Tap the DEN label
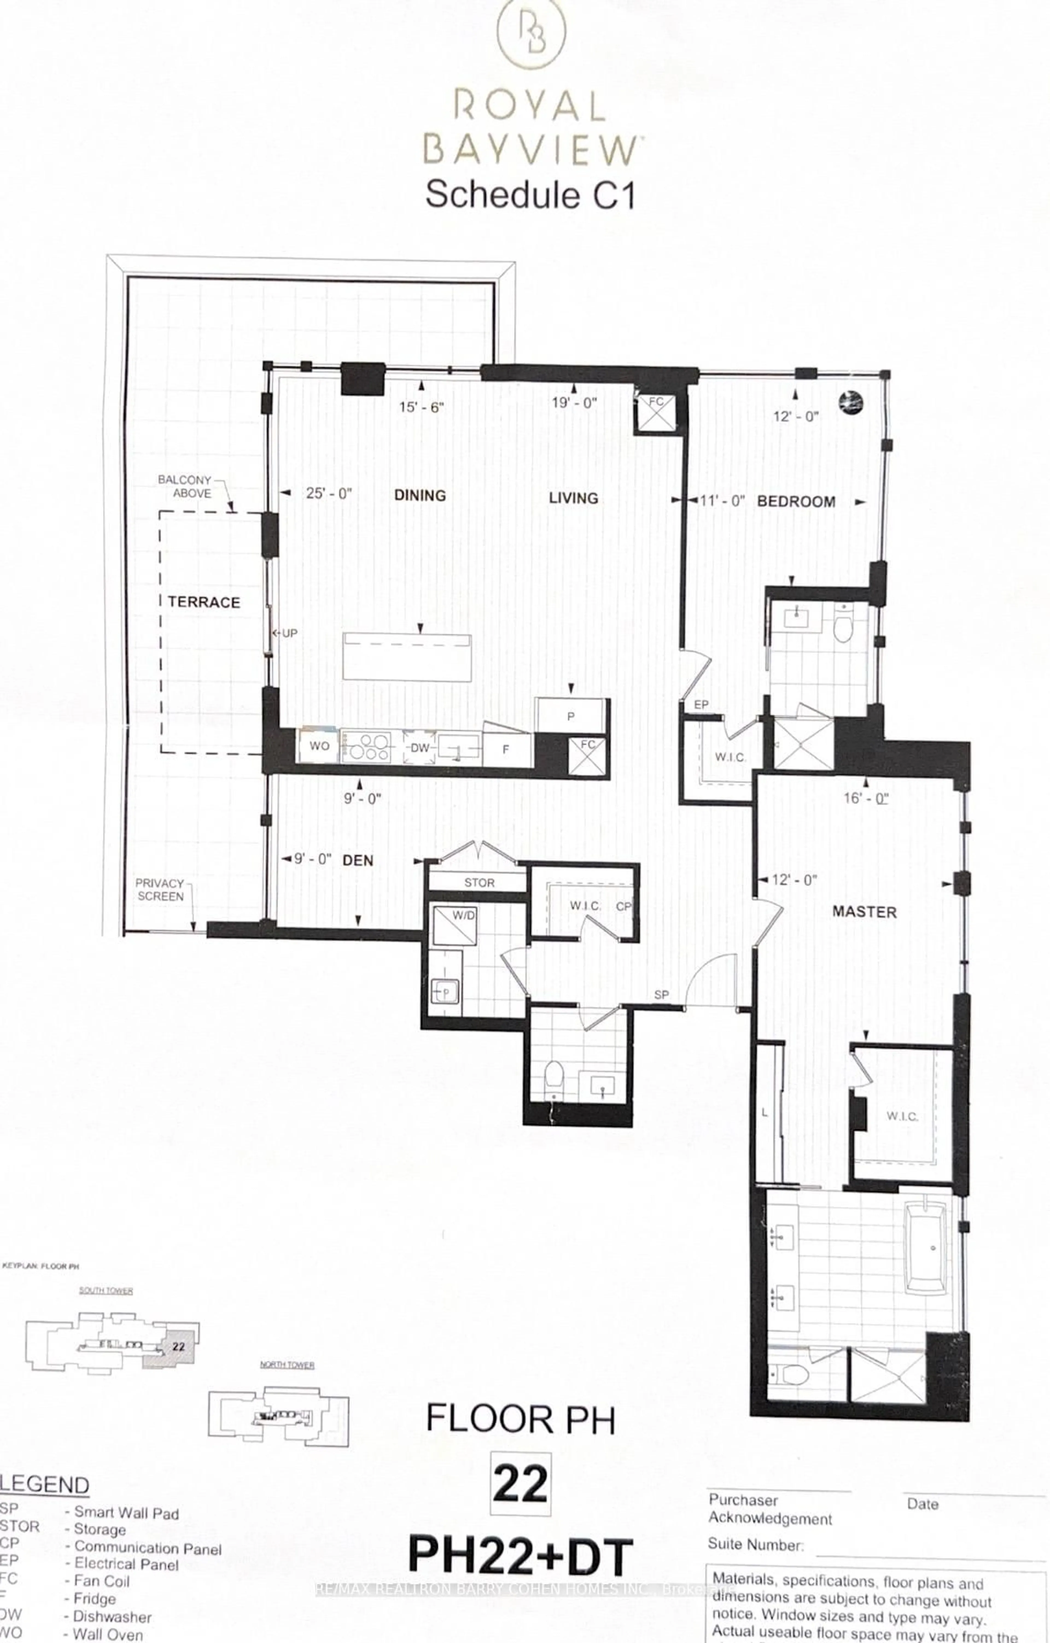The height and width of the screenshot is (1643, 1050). (x=358, y=860)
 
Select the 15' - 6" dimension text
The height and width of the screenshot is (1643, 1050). (x=421, y=407)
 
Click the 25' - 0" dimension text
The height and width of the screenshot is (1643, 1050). (x=328, y=493)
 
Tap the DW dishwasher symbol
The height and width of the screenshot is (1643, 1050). (x=419, y=748)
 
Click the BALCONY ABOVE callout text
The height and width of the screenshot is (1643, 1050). (x=184, y=486)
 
